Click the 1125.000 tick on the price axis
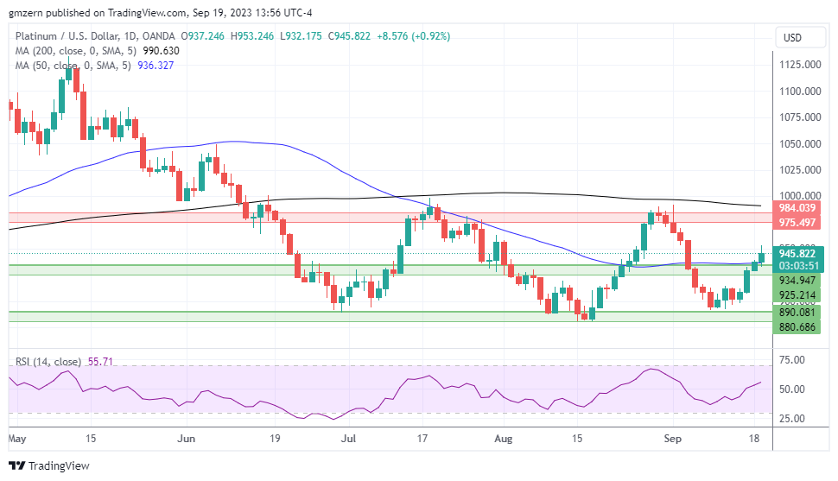click(798, 65)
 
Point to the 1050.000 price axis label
click(798, 144)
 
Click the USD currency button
click(792, 37)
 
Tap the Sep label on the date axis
click(676, 439)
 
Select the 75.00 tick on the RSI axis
click(791, 359)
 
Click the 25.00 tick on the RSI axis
click(791, 419)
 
